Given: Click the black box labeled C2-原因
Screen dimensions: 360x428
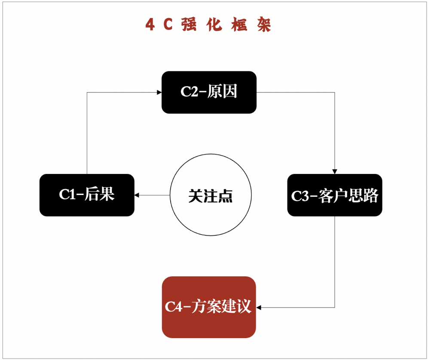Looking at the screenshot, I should coord(209,92).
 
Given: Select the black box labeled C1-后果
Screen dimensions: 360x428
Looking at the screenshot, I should coord(87,195).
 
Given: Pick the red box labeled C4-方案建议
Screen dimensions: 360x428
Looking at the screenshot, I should coord(209,307).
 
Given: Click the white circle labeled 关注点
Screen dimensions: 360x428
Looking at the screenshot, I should coord(211,195).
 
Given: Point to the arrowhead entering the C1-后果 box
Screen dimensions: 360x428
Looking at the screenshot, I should coord(137,195).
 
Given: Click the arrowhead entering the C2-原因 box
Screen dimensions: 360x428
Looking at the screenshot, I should coord(159,92).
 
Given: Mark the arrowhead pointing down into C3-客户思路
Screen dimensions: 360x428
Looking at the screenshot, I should coord(335,171).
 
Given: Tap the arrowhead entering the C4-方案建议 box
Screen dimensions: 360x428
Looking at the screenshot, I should coord(259,307).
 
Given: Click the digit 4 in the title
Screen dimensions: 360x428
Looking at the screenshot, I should coord(150,25).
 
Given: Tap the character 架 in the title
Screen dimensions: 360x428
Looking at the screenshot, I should coord(264,25).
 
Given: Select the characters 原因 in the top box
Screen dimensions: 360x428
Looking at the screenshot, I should coord(222,92).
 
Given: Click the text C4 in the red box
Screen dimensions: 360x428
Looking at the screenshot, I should coord(174,307).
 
